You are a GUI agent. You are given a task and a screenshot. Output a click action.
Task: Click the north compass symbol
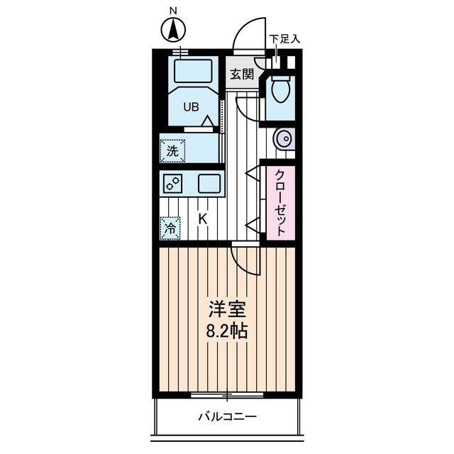tap(173, 30)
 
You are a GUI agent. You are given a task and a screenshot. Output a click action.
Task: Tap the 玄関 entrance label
tap(242, 74)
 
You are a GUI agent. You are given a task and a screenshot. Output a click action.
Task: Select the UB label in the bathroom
tap(191, 107)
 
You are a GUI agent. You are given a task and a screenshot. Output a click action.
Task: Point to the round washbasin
tap(284, 138)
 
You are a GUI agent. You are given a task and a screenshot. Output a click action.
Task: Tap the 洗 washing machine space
tap(172, 151)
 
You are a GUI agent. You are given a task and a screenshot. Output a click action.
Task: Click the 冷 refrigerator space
tap(170, 228)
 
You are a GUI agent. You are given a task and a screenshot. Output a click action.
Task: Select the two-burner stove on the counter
tap(172, 184)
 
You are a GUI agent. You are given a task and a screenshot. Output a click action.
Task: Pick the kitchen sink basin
tap(209, 184)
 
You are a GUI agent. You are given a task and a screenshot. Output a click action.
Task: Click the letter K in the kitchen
tap(203, 219)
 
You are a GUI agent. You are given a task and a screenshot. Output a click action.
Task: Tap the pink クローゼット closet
tap(281, 203)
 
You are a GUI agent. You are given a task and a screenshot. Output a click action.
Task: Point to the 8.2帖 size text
tap(227, 331)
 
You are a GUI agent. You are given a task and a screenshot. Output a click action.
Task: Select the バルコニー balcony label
tap(227, 416)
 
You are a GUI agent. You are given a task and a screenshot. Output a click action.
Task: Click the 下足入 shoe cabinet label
tap(284, 39)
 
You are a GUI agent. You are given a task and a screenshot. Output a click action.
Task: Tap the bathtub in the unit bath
tap(194, 71)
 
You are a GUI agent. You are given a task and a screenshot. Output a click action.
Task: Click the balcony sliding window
tap(227, 394)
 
